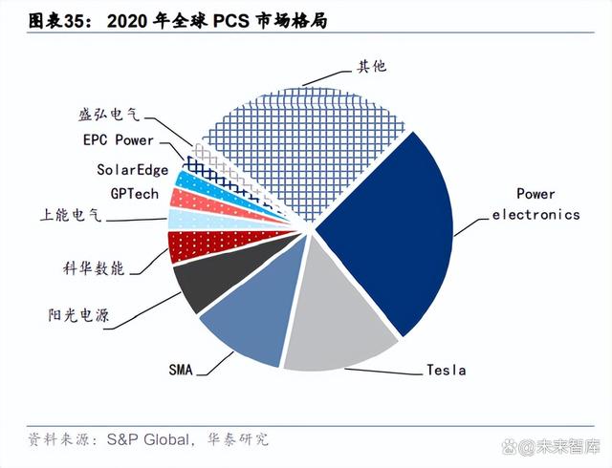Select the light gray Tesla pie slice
coord(339,320)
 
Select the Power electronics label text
coord(535,204)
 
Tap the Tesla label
coord(445,369)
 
